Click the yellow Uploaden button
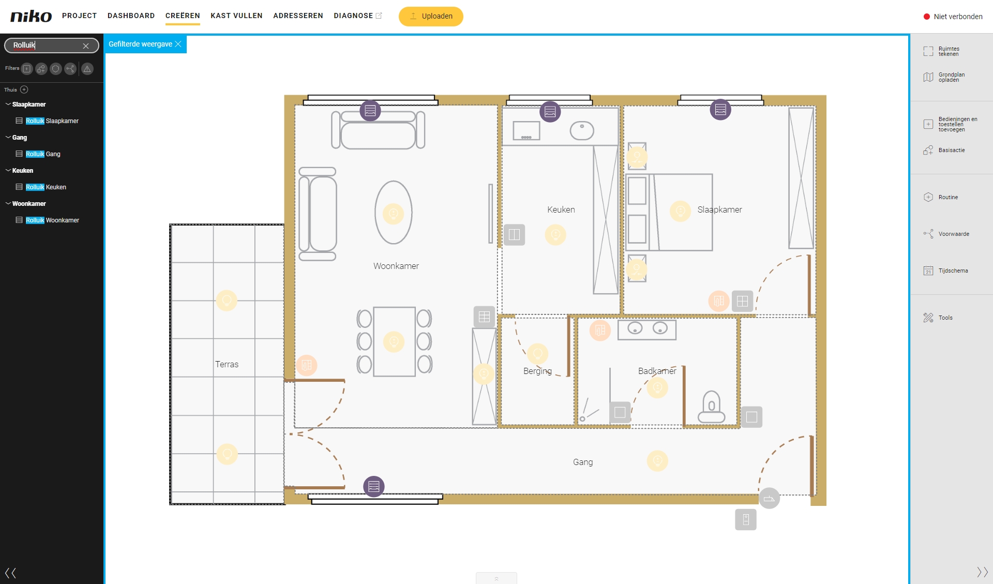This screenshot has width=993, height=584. pos(431,16)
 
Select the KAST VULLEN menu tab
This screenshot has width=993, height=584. pos(236,16)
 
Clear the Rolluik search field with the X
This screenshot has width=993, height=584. pos(86,46)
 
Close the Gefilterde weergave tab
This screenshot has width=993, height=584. pos(178,44)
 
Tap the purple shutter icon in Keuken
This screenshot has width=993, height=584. pos(550,111)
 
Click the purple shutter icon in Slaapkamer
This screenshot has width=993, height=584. pos(720,109)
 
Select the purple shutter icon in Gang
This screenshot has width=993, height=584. pos(374,486)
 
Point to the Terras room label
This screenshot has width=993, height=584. pos(227,364)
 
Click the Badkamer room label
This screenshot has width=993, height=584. pos(657,371)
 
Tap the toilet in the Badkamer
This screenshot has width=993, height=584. pos(712,407)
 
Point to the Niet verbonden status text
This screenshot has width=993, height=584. pos(958,17)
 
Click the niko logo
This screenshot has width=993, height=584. pos(31,16)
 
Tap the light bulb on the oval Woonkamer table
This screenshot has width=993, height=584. pos(394,213)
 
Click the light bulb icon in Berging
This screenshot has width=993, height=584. pos(538,354)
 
